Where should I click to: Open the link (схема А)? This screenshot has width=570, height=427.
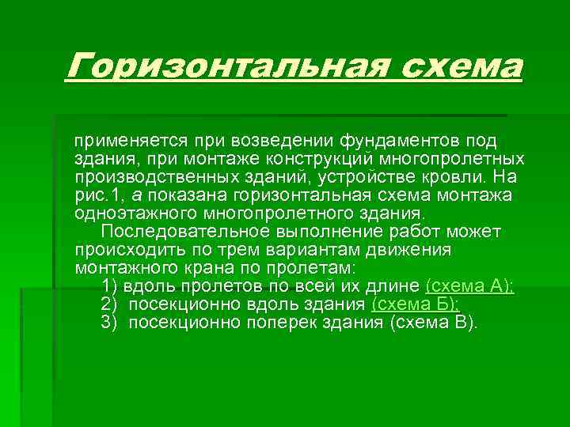[x=469, y=286]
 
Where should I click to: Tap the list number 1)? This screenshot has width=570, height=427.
[x=109, y=286]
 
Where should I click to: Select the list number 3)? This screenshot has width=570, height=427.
[x=109, y=323]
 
